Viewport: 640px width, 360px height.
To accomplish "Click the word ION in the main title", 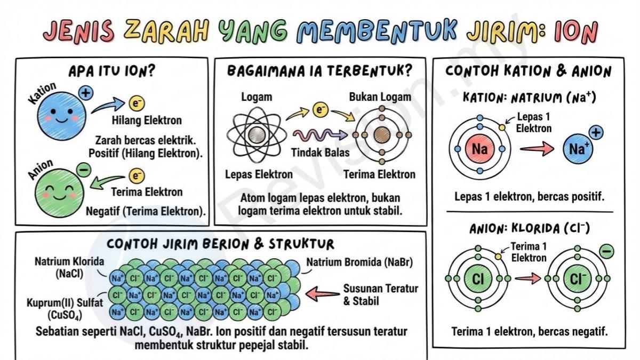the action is pyautogui.click(x=576, y=31).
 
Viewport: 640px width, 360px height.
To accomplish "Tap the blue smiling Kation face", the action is pyautogui.click(x=62, y=116).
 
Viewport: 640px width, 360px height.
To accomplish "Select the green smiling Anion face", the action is pyautogui.click(x=60, y=193).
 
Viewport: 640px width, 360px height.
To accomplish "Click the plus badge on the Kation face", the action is pyautogui.click(x=86, y=93).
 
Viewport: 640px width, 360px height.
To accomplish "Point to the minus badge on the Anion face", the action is pyautogui.click(x=84, y=170).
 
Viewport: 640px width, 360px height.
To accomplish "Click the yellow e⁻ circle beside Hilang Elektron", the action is pyautogui.click(x=137, y=103).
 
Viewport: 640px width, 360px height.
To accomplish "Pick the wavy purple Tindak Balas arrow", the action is pyautogui.click(x=320, y=134).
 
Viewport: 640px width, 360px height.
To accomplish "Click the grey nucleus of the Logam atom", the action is pyautogui.click(x=257, y=135).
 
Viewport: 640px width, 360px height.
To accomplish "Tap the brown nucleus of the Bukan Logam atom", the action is pyautogui.click(x=382, y=135).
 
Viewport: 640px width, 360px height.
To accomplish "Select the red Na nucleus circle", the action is pyautogui.click(x=479, y=149).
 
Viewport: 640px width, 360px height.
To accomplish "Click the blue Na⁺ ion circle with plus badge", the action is pyautogui.click(x=578, y=149).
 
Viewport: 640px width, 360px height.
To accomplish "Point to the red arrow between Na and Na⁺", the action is pyautogui.click(x=537, y=149).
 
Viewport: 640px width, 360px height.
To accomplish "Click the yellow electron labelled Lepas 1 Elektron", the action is pyautogui.click(x=502, y=127).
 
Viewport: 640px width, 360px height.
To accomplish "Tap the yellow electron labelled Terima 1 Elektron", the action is pyautogui.click(x=498, y=257).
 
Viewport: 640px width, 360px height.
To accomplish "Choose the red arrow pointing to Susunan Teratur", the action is pyautogui.click(x=323, y=294).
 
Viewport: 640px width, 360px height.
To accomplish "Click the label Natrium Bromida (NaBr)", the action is pyautogui.click(x=359, y=262).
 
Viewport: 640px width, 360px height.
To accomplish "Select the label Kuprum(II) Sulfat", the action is pyautogui.click(x=65, y=302).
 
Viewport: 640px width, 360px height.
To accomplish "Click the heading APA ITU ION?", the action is pyautogui.click(x=111, y=71).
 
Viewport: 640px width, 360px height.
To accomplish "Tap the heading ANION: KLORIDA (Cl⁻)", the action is pyautogui.click(x=530, y=229).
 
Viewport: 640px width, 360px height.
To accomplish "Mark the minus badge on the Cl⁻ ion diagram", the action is pyautogui.click(x=606, y=251).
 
